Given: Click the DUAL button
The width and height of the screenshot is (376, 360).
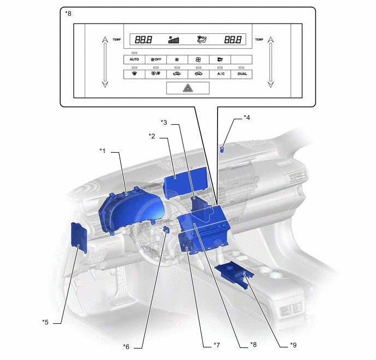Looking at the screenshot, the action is (x=242, y=74).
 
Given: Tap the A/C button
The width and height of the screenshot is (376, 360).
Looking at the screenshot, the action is (x=220, y=74).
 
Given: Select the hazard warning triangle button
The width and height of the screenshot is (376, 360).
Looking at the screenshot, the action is (x=188, y=88).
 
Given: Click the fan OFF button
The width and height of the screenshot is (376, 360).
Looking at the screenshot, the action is (x=156, y=60).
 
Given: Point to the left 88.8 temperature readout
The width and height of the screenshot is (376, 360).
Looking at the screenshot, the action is (x=143, y=39).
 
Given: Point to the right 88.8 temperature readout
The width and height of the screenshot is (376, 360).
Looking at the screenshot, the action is (x=233, y=39).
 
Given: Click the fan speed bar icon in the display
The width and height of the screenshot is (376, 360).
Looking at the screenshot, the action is (x=174, y=40).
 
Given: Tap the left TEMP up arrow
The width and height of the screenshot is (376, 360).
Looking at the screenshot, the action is (x=105, y=40).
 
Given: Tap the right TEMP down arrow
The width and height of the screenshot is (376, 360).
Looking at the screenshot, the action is (x=271, y=84).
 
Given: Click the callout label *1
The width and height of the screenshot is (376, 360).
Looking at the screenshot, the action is (x=102, y=151).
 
